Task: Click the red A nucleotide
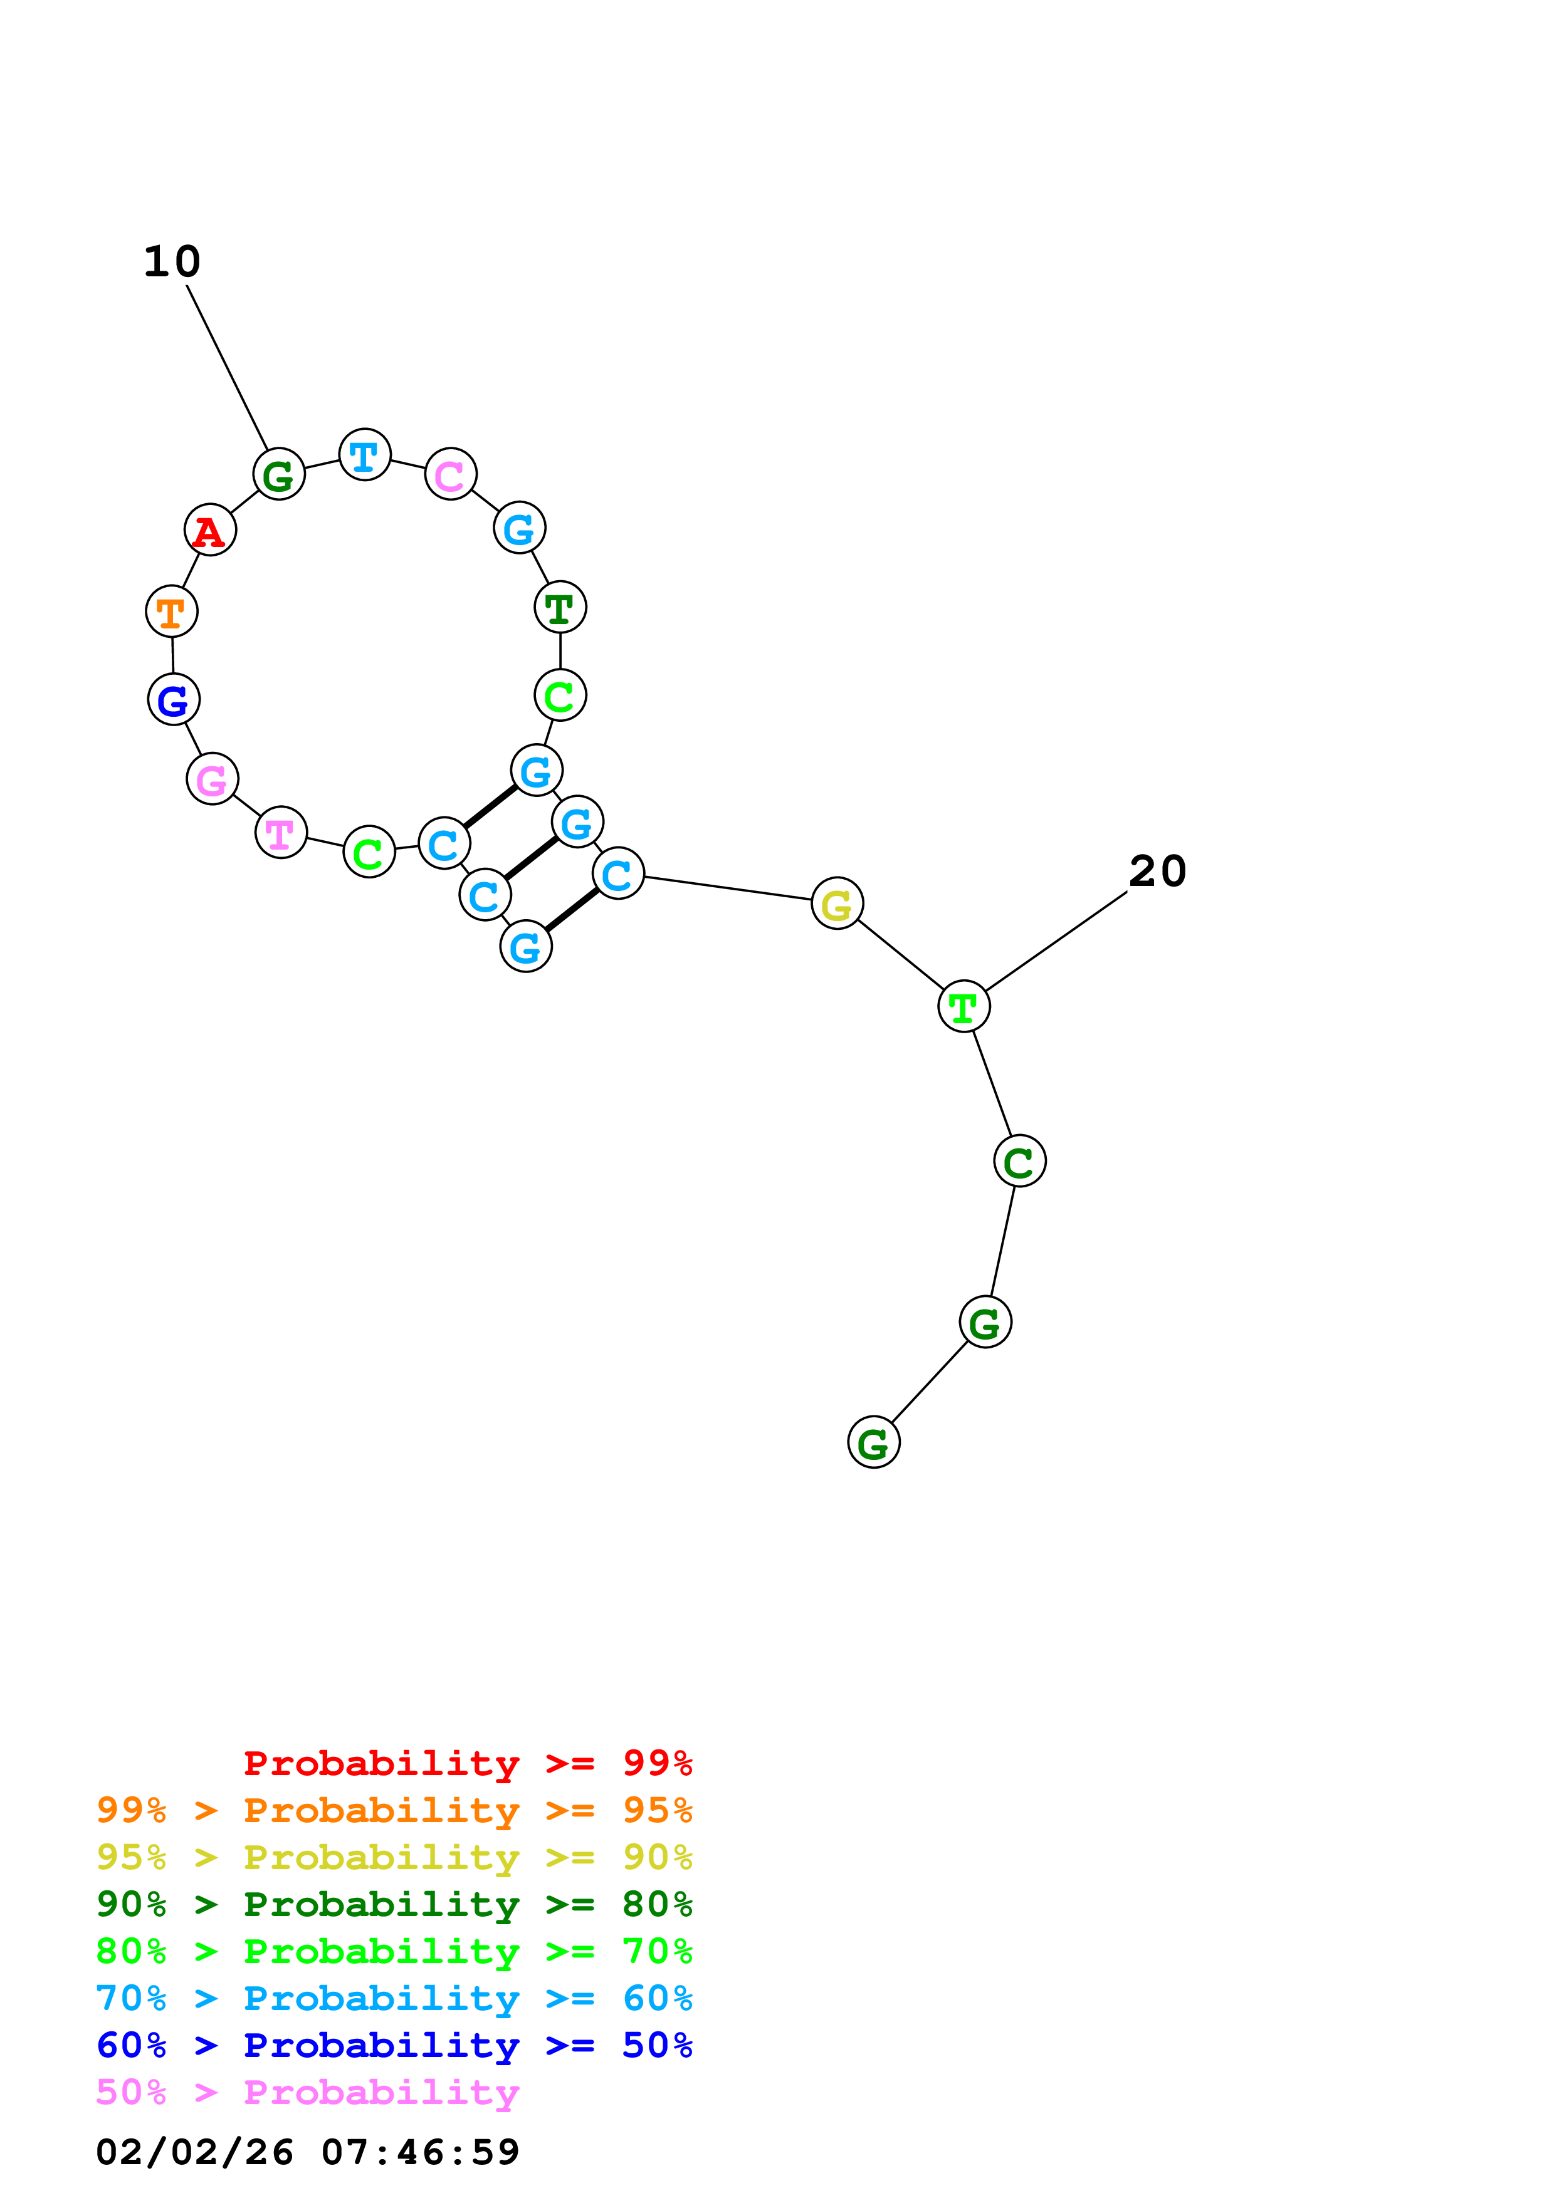(210, 529)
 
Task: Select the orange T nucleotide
(171, 611)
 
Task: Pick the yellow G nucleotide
(837, 903)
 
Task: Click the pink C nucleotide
(450, 474)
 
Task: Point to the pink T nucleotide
(281, 832)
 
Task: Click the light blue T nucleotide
(365, 455)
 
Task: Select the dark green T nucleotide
(560, 607)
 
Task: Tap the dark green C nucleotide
(1019, 1160)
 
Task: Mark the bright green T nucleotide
(963, 1006)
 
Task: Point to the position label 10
(172, 261)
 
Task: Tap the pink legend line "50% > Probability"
(307, 2093)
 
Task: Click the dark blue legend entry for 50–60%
(394, 2046)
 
